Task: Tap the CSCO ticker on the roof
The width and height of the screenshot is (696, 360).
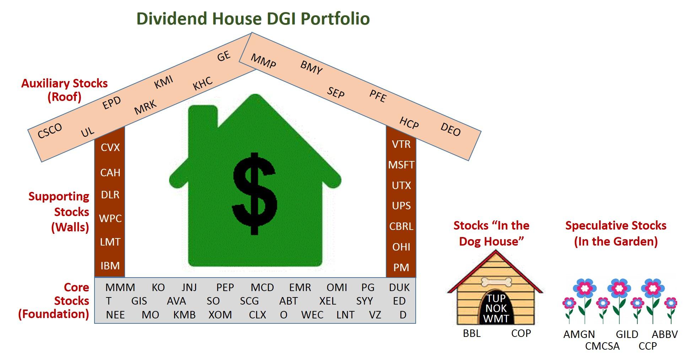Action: click(x=50, y=130)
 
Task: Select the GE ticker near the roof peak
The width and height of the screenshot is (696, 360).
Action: click(x=224, y=56)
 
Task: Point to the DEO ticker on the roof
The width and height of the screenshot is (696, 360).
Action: click(x=450, y=129)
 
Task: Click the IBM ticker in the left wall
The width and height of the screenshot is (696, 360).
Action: click(x=110, y=265)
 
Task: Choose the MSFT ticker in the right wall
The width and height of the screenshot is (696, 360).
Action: click(x=401, y=165)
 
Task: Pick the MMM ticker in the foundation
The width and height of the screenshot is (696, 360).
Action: click(x=120, y=287)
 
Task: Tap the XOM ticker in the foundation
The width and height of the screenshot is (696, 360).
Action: click(x=220, y=315)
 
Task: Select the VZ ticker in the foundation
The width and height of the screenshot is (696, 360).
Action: click(x=375, y=315)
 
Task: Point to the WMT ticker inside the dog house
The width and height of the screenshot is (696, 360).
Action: click(x=496, y=319)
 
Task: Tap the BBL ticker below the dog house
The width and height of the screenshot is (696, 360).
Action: click(x=472, y=333)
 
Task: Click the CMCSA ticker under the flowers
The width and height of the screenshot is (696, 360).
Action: click(x=602, y=346)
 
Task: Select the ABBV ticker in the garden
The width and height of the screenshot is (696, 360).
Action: click(x=665, y=334)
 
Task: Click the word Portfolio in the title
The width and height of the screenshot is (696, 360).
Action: click(x=335, y=18)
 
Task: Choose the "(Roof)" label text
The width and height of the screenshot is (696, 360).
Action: click(x=65, y=97)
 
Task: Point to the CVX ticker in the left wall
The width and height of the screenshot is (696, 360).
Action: click(x=110, y=147)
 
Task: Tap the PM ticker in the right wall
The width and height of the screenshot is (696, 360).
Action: click(x=401, y=267)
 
